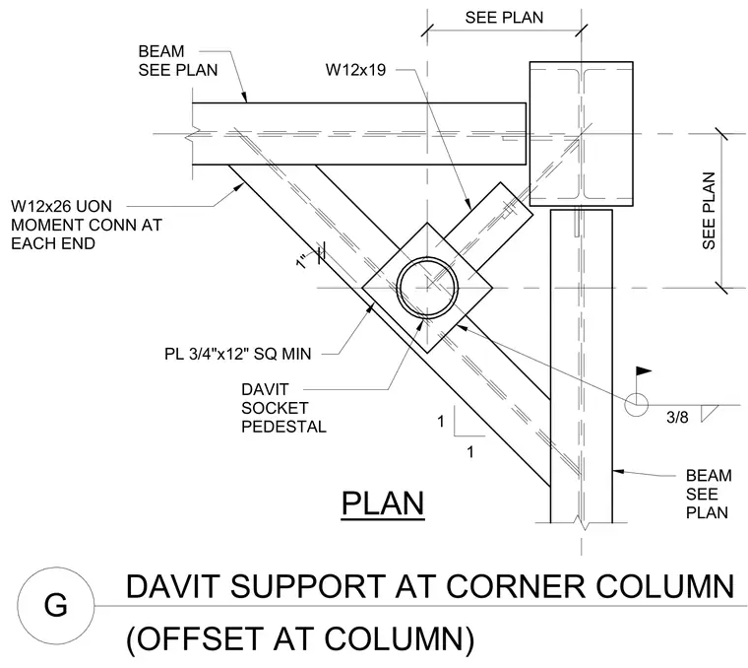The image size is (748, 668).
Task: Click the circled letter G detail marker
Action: (x=56, y=606)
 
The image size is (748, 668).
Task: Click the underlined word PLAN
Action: (x=383, y=504)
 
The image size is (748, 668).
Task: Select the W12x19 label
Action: (x=355, y=70)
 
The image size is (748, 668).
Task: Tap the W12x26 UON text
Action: (x=62, y=206)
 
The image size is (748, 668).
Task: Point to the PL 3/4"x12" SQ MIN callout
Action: (x=237, y=354)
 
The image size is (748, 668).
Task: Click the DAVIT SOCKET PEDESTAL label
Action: (x=283, y=408)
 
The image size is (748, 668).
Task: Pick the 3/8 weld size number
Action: (x=677, y=418)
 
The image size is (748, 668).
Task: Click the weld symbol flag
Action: (x=644, y=370)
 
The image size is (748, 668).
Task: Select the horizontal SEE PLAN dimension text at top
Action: (x=504, y=18)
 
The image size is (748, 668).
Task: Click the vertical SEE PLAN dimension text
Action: (x=709, y=211)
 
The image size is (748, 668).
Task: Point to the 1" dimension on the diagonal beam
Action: (x=302, y=262)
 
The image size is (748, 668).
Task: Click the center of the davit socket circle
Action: (x=427, y=288)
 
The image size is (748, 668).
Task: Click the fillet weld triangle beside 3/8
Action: (x=708, y=413)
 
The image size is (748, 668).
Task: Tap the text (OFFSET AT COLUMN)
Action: (x=300, y=638)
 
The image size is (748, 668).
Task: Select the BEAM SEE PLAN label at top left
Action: (x=178, y=61)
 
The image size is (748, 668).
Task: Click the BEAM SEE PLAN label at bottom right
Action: (x=709, y=495)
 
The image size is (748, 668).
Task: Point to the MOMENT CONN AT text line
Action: (x=87, y=225)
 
